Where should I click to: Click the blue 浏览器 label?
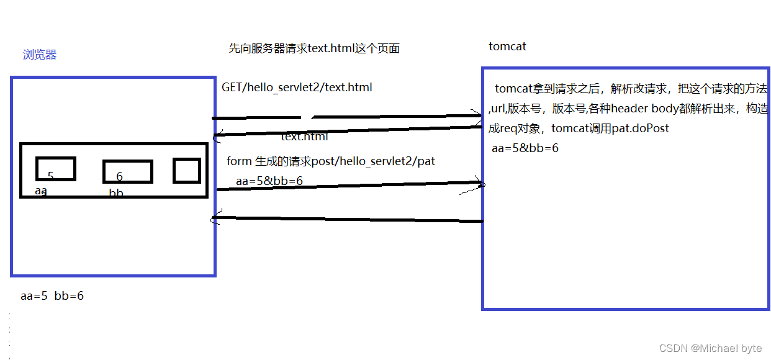tap(40, 55)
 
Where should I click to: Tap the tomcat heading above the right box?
tap(507, 47)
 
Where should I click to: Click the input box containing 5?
tap(56, 169)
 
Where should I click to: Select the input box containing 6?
tap(127, 172)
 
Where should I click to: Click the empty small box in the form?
tap(186, 171)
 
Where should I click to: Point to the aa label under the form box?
tap(41, 191)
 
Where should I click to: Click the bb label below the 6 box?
tap(116, 193)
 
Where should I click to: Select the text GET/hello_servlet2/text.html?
tap(297, 88)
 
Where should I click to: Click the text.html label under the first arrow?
tap(304, 137)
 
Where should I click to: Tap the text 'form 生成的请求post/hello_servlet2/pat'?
tap(331, 161)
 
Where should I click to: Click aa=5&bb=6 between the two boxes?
tap(269, 181)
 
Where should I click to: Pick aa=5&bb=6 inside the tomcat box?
tap(525, 148)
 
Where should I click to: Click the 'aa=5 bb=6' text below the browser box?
tap(52, 296)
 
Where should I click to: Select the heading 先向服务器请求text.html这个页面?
tap(314, 48)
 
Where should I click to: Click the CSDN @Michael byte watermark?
tap(710, 348)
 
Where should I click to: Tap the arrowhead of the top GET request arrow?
tap(478, 115)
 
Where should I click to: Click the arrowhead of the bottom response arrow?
tap(215, 217)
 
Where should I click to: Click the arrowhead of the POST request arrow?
tap(480, 183)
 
